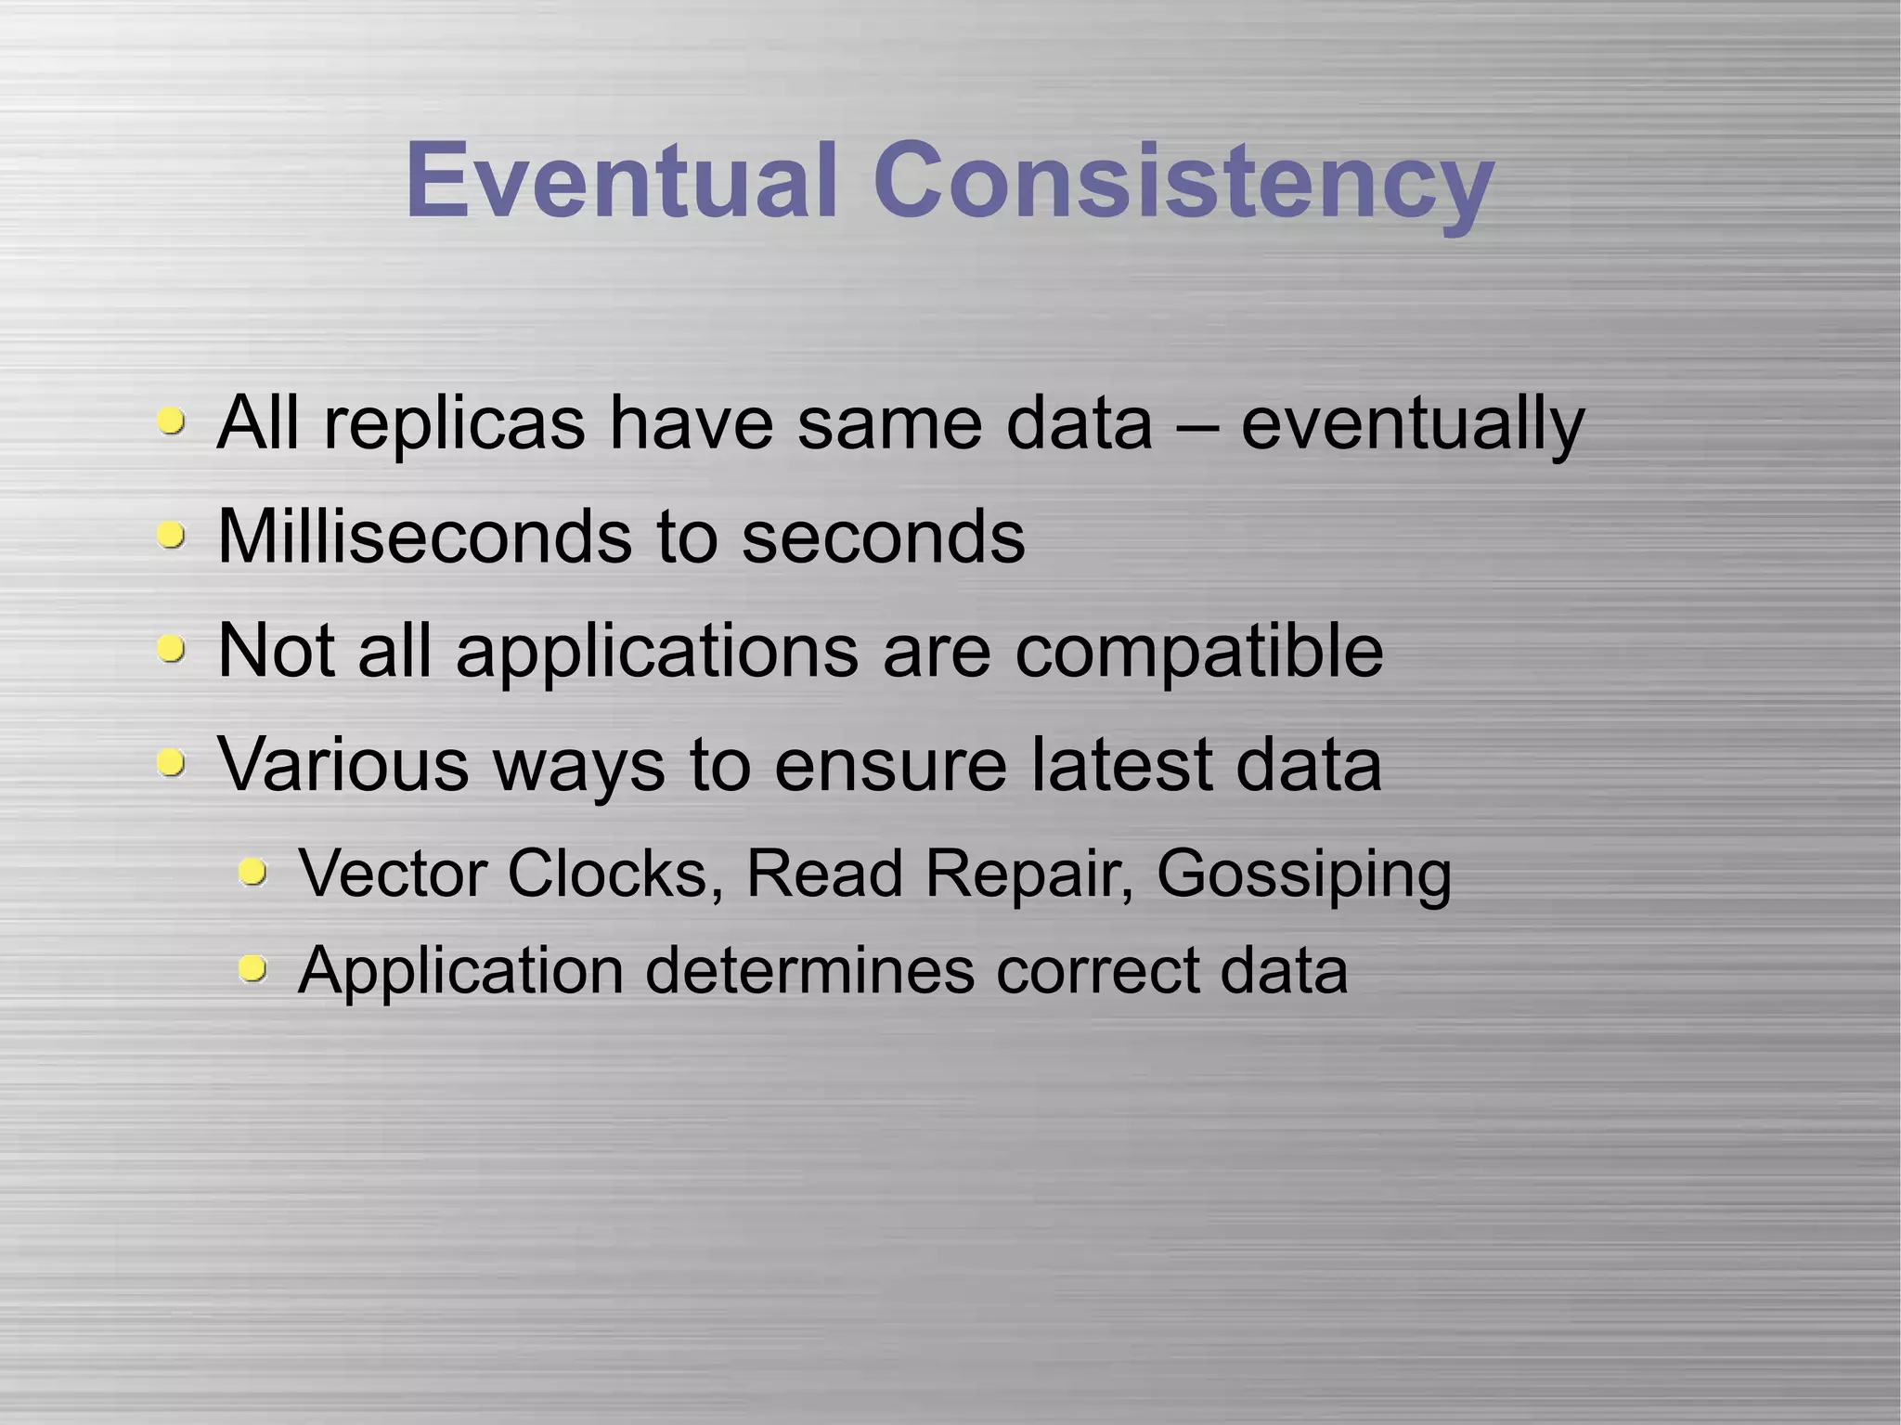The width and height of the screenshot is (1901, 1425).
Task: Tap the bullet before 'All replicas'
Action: (x=170, y=421)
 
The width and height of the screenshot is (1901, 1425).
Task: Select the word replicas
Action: (x=454, y=424)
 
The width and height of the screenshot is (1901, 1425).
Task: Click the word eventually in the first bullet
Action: (x=1412, y=424)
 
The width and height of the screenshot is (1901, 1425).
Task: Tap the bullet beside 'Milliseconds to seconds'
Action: (x=170, y=535)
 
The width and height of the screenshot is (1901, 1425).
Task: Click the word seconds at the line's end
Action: (x=883, y=538)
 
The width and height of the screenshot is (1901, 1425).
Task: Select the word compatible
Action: (x=1198, y=652)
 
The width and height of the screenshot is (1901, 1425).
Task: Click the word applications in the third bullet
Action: (x=657, y=652)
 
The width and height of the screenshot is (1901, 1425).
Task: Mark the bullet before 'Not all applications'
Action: (x=170, y=648)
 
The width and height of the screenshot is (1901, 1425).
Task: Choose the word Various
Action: (x=343, y=764)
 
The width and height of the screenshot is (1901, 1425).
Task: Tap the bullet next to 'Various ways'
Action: (x=170, y=762)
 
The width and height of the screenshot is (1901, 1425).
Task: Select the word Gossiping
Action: (x=1303, y=875)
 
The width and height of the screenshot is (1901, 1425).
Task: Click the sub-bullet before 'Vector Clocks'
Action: (x=252, y=873)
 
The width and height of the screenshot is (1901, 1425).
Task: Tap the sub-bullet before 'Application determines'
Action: (x=252, y=969)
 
